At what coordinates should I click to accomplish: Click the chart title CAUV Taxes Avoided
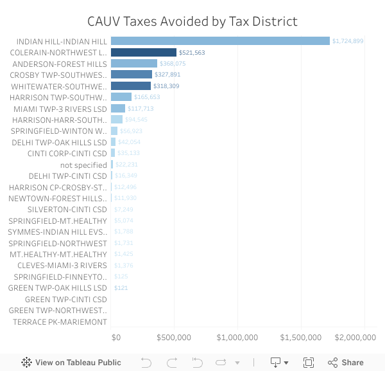coord(193,21)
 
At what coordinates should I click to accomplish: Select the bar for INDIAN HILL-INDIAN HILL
coord(220,41)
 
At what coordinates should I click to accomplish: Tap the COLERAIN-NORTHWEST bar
coord(144,52)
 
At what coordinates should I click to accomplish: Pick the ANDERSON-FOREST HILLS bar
coord(134,64)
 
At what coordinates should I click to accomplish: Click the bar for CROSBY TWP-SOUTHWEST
coord(132,75)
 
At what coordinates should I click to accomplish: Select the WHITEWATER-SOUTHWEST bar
coord(131,86)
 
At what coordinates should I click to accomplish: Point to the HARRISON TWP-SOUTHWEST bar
coord(121,97)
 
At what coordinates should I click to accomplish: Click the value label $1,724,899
coord(348,41)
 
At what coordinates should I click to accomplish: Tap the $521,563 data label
coord(192,52)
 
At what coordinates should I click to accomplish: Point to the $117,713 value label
coord(141,109)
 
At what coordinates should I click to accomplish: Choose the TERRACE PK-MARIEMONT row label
coord(60,321)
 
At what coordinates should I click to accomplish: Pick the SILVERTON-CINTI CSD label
coord(67,210)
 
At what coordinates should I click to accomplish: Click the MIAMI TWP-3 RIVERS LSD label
coord(60,109)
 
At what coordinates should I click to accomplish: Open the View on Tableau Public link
coord(71,362)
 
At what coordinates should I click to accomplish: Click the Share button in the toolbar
coord(346,362)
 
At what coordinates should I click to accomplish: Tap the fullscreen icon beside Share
coord(309,362)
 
